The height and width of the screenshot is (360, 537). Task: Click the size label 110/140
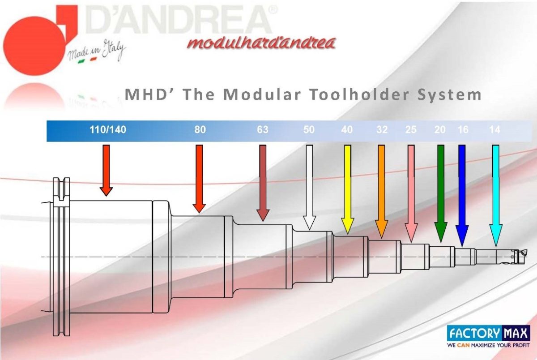tap(108, 130)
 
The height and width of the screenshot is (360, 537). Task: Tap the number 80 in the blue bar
tap(200, 130)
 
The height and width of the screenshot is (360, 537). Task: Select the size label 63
tap(263, 130)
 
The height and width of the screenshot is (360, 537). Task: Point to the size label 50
tap(309, 130)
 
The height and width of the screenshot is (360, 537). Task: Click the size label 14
tap(494, 130)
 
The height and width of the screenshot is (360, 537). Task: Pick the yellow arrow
tap(347, 189)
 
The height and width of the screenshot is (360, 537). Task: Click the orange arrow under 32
tap(381, 191)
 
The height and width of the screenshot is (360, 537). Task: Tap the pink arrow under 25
tap(411, 194)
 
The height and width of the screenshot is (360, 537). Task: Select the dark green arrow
tap(441, 194)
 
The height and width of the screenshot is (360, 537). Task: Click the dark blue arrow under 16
tap(462, 196)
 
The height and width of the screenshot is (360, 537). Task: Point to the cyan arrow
tap(495, 196)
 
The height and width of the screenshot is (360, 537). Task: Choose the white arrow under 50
tap(310, 188)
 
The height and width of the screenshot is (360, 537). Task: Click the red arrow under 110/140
tap(106, 171)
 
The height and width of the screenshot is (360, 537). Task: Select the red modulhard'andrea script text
tap(261, 43)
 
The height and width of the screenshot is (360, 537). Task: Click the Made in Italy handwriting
tap(96, 51)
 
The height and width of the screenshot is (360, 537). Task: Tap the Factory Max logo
tap(488, 333)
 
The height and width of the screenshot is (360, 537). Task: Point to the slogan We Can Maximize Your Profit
tap(488, 345)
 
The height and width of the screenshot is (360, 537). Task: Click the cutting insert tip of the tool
tap(525, 252)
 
